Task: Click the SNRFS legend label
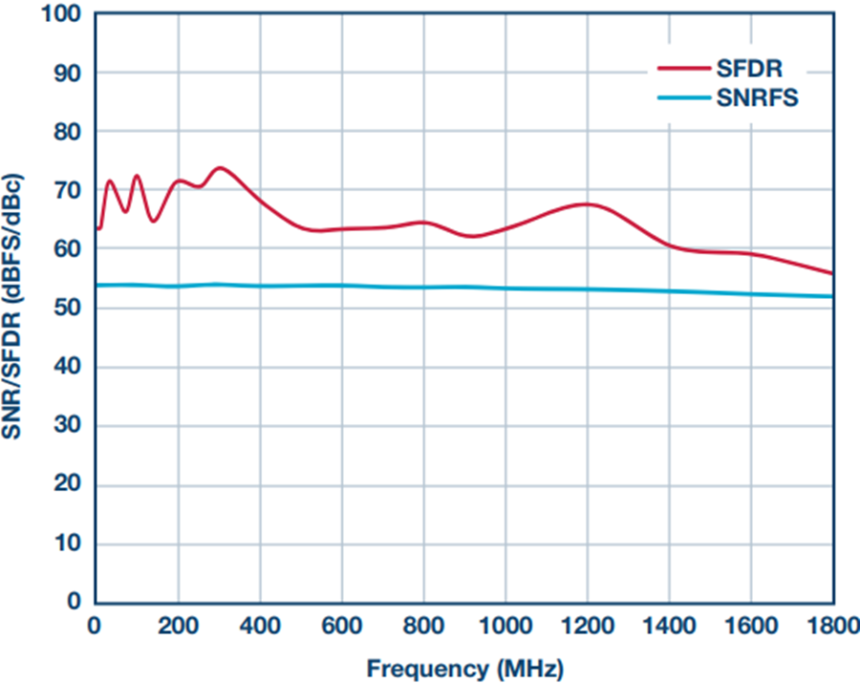click(755, 97)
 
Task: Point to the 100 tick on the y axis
click(63, 14)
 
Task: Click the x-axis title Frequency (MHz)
click(464, 666)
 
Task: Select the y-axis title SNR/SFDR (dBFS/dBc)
click(16, 308)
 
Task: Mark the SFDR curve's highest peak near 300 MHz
click(220, 168)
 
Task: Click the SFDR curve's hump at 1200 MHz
click(587, 204)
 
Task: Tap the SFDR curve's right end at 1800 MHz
click(832, 273)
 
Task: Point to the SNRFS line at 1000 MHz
click(505, 288)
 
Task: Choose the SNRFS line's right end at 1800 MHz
click(832, 296)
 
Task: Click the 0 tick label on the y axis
click(75, 602)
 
